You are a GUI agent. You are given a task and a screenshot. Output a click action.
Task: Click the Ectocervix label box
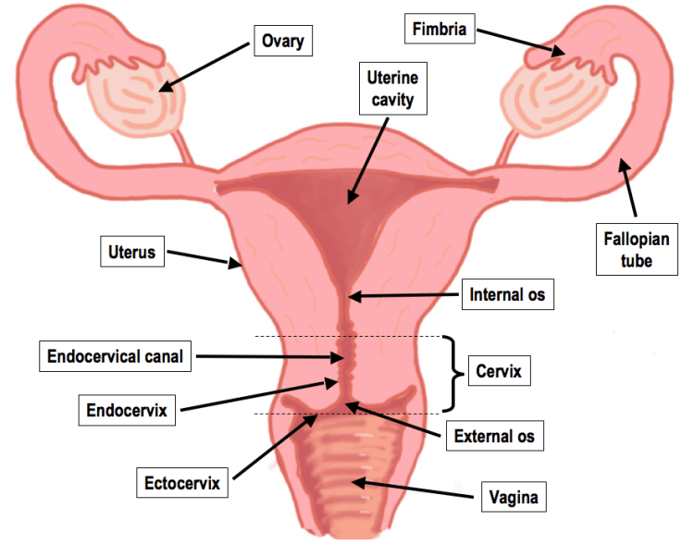point(182,482)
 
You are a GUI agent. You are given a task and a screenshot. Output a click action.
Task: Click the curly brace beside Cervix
point(453,373)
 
